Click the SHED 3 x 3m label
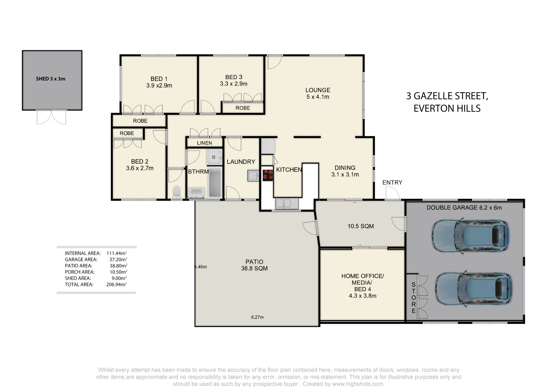pyautogui.click(x=51, y=79)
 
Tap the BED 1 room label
pyautogui.click(x=159, y=79)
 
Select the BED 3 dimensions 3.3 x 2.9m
pyautogui.click(x=234, y=84)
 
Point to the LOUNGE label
pyautogui.click(x=318, y=90)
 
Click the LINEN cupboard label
pyautogui.click(x=204, y=143)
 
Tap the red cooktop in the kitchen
pyautogui.click(x=268, y=175)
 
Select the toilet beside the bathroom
pyautogui.click(x=177, y=192)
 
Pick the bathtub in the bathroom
pyautogui.click(x=215, y=182)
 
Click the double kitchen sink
pyautogui.click(x=283, y=203)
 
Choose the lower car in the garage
pyautogui.click(x=473, y=288)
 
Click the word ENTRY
pyautogui.click(x=392, y=182)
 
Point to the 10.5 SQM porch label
pyautogui.click(x=360, y=226)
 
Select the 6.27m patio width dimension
pyautogui.click(x=257, y=317)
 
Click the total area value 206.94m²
pyautogui.click(x=117, y=284)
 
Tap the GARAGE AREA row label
pyautogui.click(x=81, y=259)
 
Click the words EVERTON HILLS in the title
pyautogui.click(x=447, y=108)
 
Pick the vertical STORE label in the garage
pyautogui.click(x=414, y=298)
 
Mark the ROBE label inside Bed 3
pyautogui.click(x=243, y=108)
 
